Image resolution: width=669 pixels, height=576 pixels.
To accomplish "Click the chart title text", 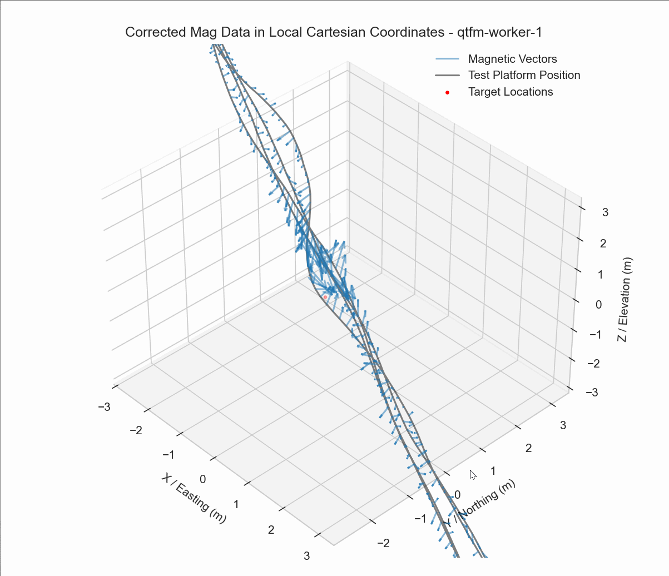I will point(334,32).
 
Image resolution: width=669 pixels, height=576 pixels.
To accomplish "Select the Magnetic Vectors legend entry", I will point(512,59).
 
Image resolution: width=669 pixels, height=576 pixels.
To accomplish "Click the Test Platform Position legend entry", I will point(524,75).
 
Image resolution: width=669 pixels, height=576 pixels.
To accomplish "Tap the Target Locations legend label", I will point(511,92).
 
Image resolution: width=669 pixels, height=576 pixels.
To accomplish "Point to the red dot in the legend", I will point(447,92).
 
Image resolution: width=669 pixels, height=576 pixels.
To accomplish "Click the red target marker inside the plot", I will point(325,297).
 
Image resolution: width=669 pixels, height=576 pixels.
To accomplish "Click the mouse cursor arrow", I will point(472,474).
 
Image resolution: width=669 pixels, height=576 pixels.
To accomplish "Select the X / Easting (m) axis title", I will point(194,498).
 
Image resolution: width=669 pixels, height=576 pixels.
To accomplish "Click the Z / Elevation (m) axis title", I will point(626,300).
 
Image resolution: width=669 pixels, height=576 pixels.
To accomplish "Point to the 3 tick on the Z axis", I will point(605,212).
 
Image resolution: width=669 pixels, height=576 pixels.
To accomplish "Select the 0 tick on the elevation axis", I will point(598,304).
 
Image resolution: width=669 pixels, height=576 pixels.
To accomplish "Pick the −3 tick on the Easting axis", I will point(104,407).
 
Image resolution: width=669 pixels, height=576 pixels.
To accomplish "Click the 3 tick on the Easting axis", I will point(306,555).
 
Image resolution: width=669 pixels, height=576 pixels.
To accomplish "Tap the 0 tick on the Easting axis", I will point(203,479).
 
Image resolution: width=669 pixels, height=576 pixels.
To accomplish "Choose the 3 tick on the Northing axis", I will point(563,425).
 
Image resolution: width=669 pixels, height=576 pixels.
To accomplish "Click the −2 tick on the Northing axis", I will point(384,543).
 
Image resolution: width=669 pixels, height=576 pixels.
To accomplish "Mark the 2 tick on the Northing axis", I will point(528,448).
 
